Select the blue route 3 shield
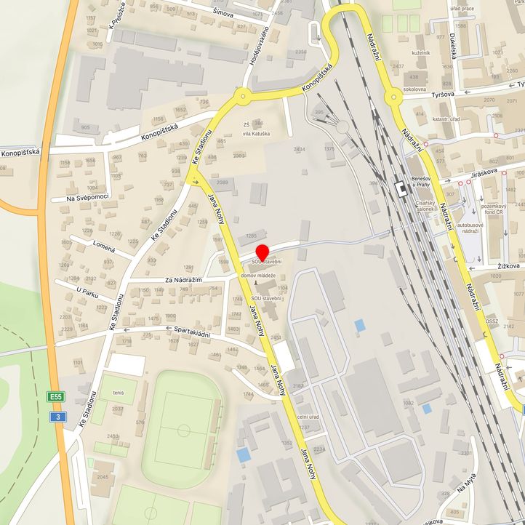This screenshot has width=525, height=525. pyautogui.click(x=57, y=417)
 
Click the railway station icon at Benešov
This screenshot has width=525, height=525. pyautogui.click(x=401, y=188)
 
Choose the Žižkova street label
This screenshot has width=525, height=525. pyautogui.click(x=508, y=266)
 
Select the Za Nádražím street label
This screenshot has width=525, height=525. pyautogui.click(x=182, y=279)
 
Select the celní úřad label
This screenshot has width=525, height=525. pyautogui.click(x=309, y=416)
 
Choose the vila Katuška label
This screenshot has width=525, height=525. pyautogui.click(x=256, y=134)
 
